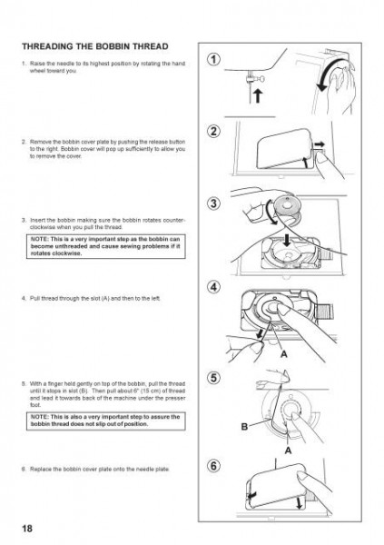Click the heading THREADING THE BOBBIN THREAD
pyautogui.click(x=104, y=45)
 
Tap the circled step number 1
pyautogui.click(x=213, y=61)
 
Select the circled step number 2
pyautogui.click(x=213, y=133)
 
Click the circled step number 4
pyautogui.click(x=213, y=288)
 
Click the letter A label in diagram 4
pyautogui.click(x=284, y=354)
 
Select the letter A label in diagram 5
pyautogui.click(x=287, y=450)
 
